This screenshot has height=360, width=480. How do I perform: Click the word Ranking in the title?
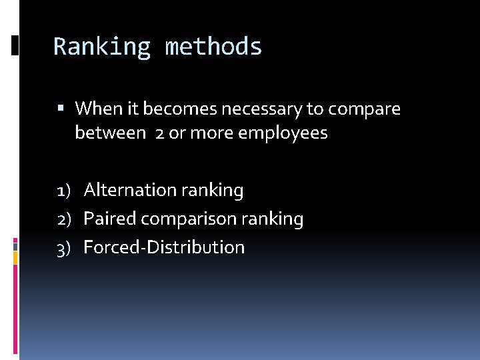pos(102,47)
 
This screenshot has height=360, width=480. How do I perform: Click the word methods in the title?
pos(213,47)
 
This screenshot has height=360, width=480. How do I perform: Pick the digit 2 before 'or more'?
pos(159,133)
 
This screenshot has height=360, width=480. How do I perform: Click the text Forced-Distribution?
pos(164,247)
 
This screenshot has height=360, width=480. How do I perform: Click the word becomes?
pos(176,108)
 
